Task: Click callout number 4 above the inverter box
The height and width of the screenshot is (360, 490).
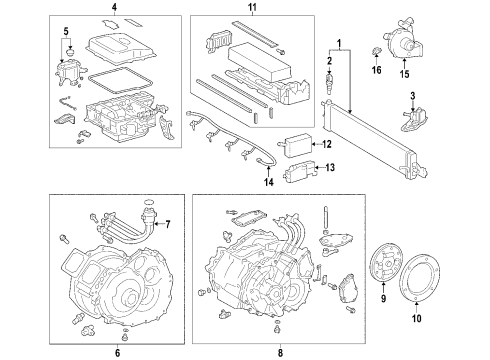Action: pyautogui.click(x=113, y=8)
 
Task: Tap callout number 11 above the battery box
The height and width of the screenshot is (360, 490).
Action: pyautogui.click(x=252, y=8)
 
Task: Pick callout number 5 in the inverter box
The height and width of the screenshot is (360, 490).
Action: pyautogui.click(x=67, y=31)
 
